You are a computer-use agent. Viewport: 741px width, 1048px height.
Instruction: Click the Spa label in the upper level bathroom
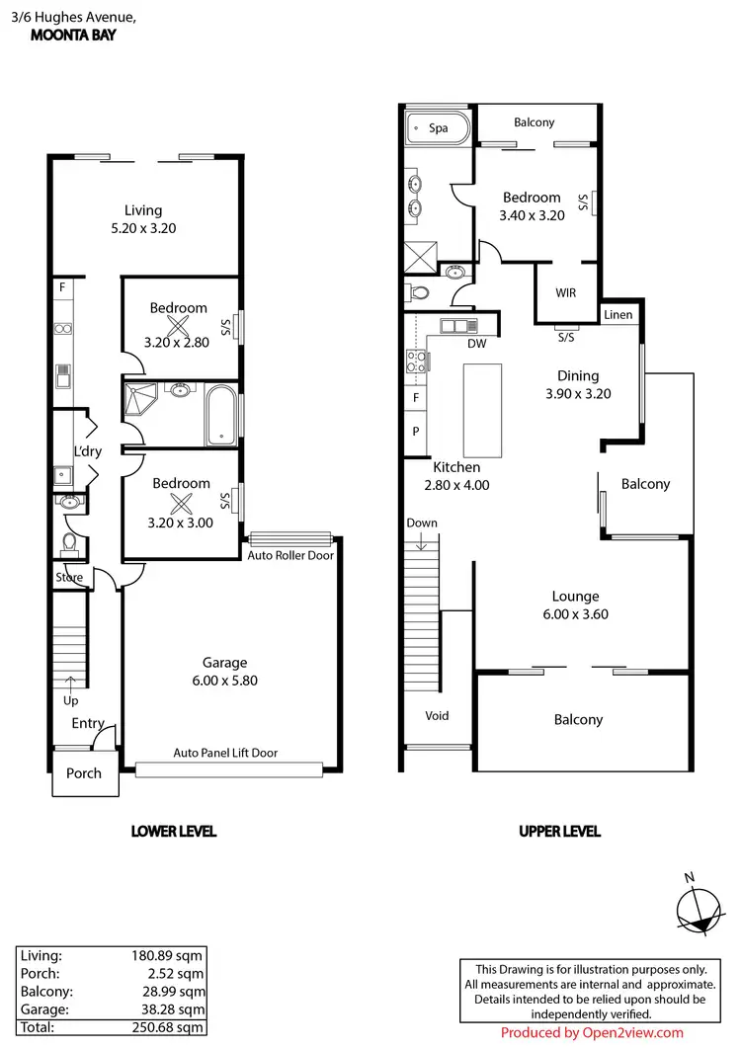click(x=438, y=127)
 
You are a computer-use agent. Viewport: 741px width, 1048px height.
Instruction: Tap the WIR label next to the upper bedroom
click(x=565, y=293)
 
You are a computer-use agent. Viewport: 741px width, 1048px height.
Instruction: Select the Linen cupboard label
click(x=617, y=314)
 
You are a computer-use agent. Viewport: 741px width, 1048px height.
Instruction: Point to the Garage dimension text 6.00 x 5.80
click(x=224, y=681)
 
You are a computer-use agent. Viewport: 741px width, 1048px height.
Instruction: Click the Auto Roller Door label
click(x=289, y=555)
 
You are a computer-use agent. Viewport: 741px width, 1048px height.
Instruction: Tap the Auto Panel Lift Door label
click(x=225, y=753)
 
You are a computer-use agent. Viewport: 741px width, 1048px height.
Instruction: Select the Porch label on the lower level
click(x=83, y=772)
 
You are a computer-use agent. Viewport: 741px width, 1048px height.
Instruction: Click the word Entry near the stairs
click(x=87, y=723)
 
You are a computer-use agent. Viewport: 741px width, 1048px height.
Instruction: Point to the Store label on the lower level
click(x=69, y=578)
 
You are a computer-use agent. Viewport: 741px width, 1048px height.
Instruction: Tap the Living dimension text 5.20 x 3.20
click(x=143, y=228)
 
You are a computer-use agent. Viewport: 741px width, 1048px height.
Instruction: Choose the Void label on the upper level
click(x=437, y=716)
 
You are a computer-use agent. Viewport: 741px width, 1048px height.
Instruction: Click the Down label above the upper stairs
click(x=421, y=523)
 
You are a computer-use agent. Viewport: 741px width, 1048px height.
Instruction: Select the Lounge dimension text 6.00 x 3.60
click(x=575, y=614)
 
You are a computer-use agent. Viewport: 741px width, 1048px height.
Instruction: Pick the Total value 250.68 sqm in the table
click(x=173, y=1027)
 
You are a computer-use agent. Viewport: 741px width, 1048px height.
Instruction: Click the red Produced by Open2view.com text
click(x=592, y=1033)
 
